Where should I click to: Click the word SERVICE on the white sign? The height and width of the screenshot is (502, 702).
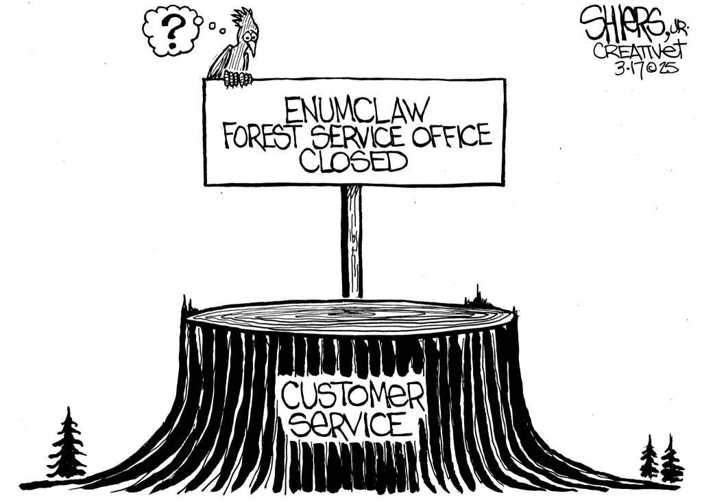click(356, 135)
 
